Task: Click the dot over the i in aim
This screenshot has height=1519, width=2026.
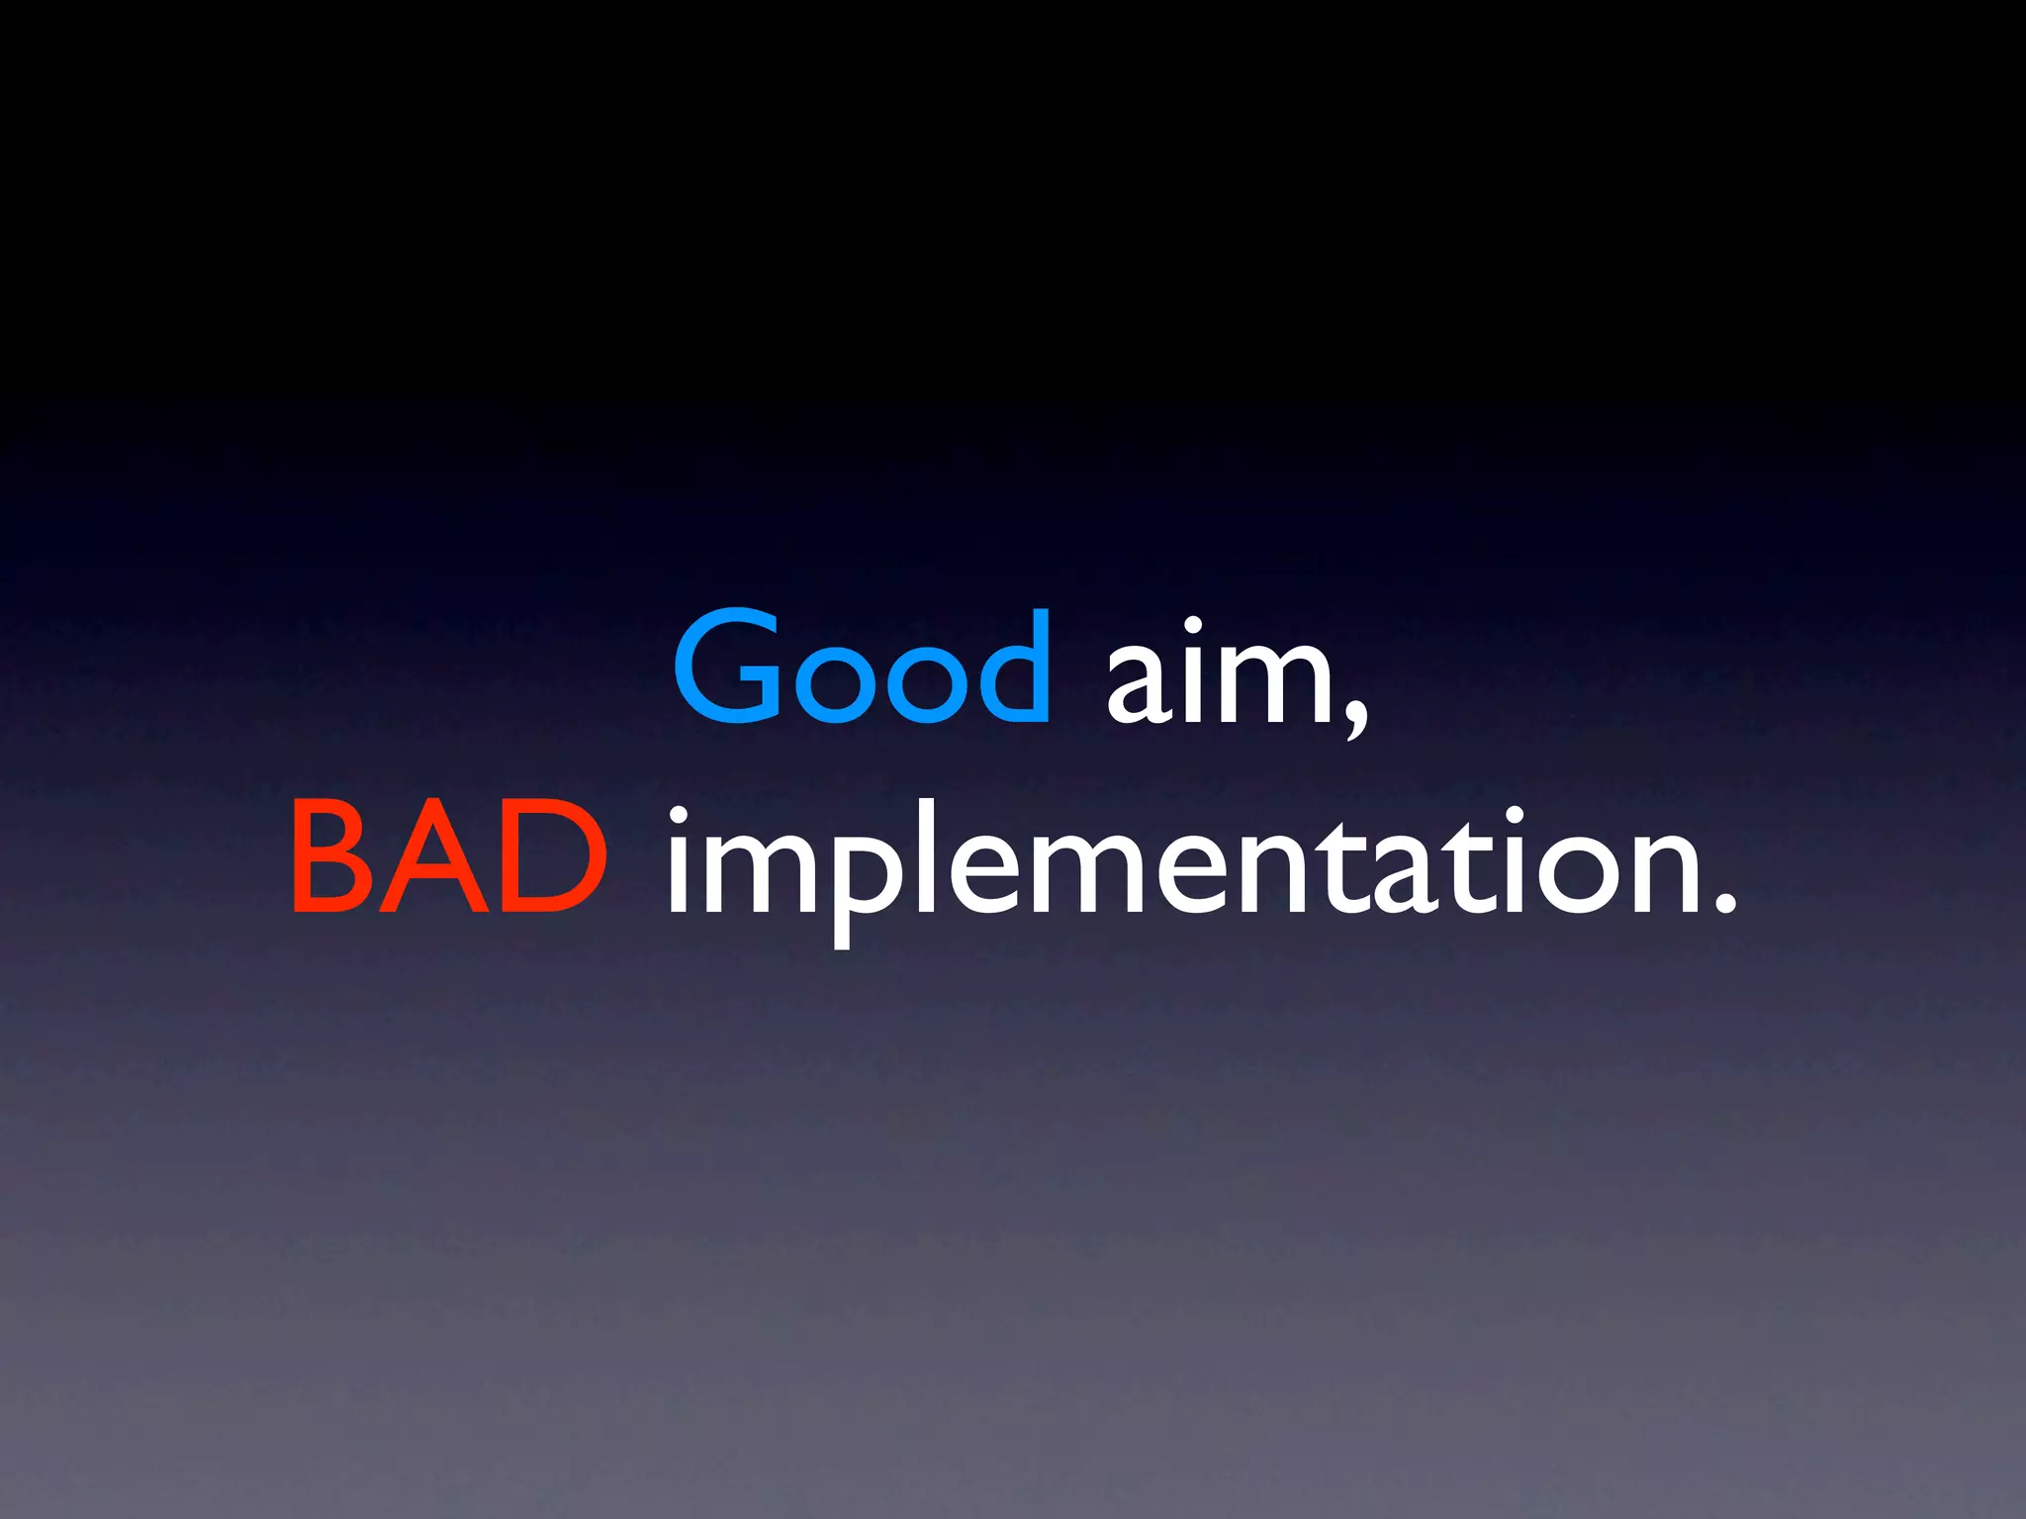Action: (x=1193, y=626)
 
